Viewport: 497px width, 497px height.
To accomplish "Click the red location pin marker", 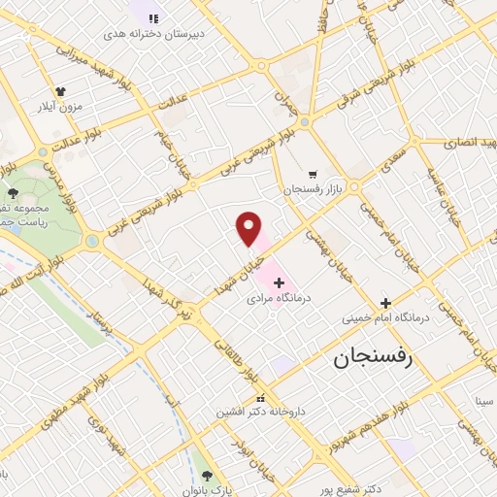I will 249,229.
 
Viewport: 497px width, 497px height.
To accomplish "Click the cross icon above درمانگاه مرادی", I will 280,282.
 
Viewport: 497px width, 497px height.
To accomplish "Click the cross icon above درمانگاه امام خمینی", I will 385,302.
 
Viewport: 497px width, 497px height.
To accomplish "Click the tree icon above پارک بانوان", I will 206,474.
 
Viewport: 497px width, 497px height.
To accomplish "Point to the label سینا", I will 482,399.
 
